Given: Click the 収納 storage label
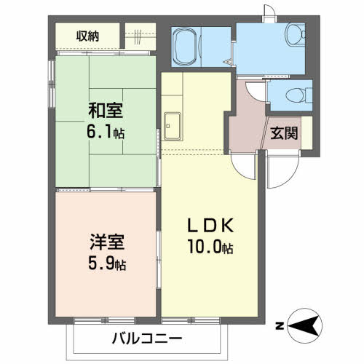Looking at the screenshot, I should point(88,36).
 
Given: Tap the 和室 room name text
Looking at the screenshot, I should point(106,111).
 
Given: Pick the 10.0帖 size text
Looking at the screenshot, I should point(208,248).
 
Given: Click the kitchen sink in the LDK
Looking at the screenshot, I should point(173,128).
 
